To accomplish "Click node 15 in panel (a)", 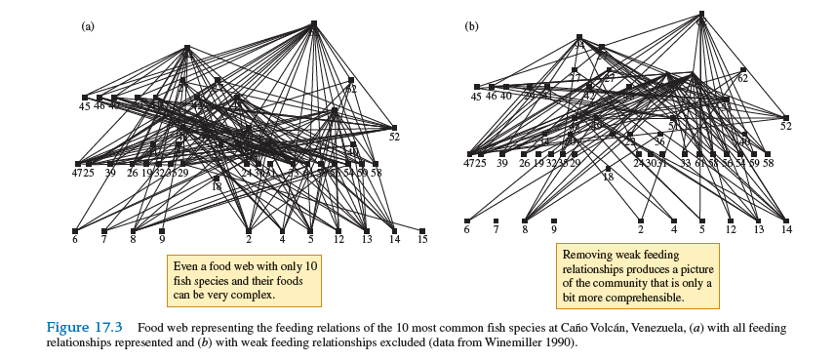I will pos(422,231).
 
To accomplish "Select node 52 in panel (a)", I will pos(394,127).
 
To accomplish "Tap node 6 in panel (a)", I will pos(75,230).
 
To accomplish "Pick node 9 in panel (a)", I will pos(162,230).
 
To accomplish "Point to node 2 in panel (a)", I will pos(249,230).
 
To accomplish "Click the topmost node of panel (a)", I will pos(313,22).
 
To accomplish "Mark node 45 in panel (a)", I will pos(85,98).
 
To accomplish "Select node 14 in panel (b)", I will pos(786,220).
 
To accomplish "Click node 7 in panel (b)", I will pos(496,220).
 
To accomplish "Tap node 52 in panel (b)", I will pos(785,117).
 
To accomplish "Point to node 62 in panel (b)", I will pos(742,69).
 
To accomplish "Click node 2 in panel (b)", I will pos(641,220).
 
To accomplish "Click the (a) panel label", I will pos(87,26).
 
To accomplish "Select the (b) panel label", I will pos(471,26).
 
